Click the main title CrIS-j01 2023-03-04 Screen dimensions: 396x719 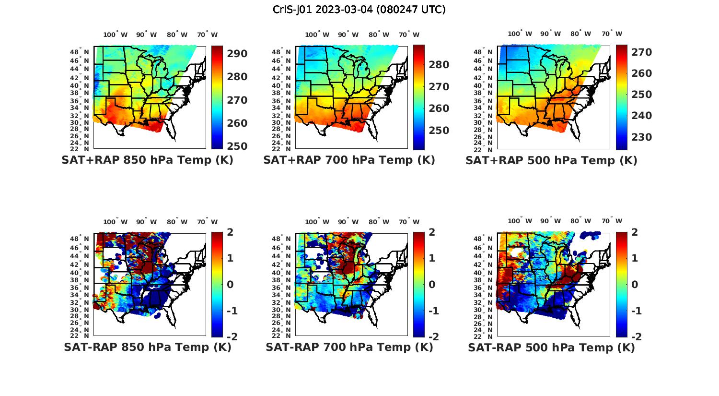pos(359,10)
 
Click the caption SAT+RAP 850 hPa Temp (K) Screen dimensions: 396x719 pos(147,160)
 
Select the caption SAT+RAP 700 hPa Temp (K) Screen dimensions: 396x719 pos(349,160)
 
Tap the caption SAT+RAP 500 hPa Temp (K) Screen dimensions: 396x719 pos(551,160)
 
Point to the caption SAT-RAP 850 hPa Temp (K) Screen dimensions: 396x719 pos(147,347)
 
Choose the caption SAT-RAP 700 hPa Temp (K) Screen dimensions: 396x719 pos(349,347)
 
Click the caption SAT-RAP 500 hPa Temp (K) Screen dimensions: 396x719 pos(551,347)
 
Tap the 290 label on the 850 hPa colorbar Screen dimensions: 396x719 pos(237,54)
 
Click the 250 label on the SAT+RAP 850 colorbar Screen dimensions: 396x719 pos(237,146)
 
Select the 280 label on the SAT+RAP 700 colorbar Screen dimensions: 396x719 pos(439,65)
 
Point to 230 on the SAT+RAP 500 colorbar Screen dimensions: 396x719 pos(641,137)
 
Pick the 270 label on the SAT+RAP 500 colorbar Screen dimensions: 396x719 pos(641,52)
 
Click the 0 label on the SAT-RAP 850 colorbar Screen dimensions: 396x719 pos(230,284)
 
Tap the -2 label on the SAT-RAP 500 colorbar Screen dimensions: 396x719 pos(636,336)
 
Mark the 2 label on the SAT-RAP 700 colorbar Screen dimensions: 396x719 pos(433,232)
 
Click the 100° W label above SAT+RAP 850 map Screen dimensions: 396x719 pos(116,35)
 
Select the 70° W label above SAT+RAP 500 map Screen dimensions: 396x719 pos(612,34)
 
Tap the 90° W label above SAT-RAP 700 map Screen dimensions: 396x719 pos(348,222)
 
